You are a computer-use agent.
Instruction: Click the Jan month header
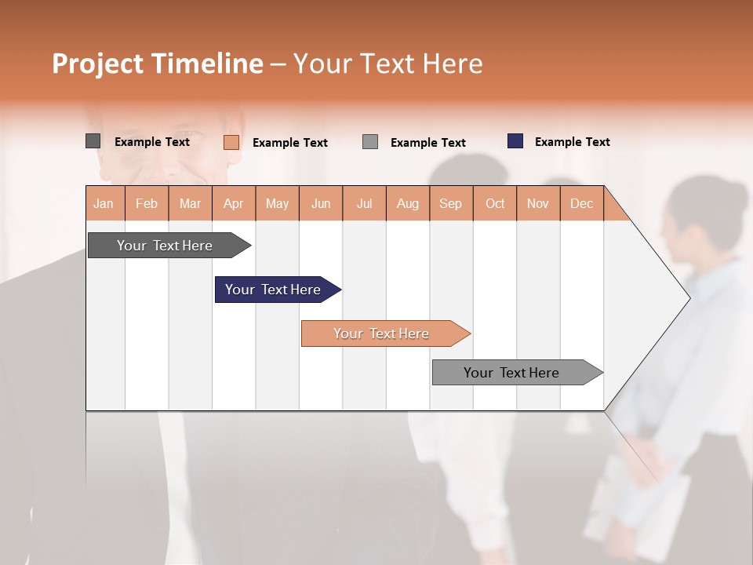pyautogui.click(x=104, y=203)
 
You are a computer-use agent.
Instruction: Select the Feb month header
pyautogui.click(x=147, y=203)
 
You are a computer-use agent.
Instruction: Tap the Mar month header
pyautogui.click(x=190, y=203)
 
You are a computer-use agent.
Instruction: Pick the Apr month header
pyautogui.click(x=234, y=203)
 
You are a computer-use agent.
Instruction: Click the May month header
pyautogui.click(x=277, y=203)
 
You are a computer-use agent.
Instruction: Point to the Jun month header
pyautogui.click(x=321, y=203)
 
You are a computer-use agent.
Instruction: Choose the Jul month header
pyautogui.click(x=364, y=203)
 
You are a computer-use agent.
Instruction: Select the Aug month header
pyautogui.click(x=408, y=203)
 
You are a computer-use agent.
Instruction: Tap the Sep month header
pyautogui.click(x=451, y=203)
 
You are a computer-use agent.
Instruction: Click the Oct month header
pyautogui.click(x=495, y=203)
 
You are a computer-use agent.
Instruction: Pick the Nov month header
pyautogui.click(x=538, y=203)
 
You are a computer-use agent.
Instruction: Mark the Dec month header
pyautogui.click(x=582, y=203)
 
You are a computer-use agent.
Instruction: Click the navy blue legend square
pyautogui.click(x=515, y=141)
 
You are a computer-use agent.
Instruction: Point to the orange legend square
pyautogui.click(x=231, y=142)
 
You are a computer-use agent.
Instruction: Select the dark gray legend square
pyautogui.click(x=93, y=141)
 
